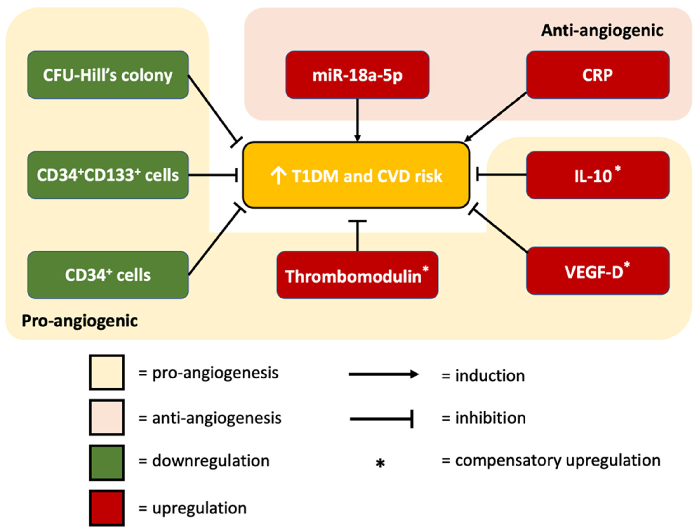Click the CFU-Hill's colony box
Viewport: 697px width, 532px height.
tap(108, 75)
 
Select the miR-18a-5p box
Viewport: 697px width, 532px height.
tap(357, 75)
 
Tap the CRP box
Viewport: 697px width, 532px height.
tap(598, 75)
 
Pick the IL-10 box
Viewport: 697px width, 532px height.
tap(598, 175)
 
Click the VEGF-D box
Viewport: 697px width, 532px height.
tap(598, 271)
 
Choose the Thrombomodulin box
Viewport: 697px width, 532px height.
tap(357, 275)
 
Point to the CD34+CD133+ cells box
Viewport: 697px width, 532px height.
tap(108, 175)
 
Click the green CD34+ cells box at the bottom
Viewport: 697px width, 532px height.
tap(108, 275)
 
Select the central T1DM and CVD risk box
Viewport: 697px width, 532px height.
tap(356, 175)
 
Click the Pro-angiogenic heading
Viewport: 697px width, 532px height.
tap(80, 321)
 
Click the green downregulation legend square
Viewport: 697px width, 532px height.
tap(107, 463)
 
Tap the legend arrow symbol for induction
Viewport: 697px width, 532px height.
tap(384, 374)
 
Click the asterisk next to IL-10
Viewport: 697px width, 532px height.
tap(617, 168)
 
